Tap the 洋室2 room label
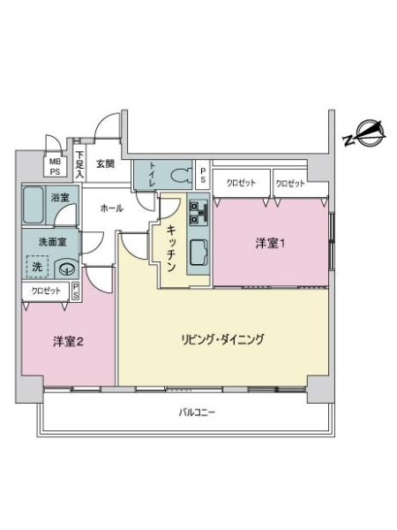pos(67,343)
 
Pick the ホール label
pos(112,208)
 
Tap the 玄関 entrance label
pos(105,163)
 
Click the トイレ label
pos(154,168)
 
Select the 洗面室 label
pos(53,240)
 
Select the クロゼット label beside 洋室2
pos(47,290)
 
